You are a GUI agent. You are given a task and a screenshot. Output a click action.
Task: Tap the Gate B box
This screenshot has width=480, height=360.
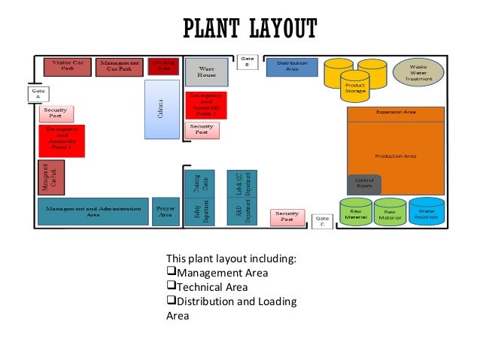[x=248, y=62]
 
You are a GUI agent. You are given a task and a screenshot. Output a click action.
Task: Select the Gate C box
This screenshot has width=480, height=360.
[x=322, y=222]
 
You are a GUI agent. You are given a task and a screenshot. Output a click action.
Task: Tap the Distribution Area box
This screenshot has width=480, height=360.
[x=292, y=68]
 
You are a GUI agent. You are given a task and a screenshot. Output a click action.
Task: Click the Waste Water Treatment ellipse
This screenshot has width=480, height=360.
[x=418, y=72]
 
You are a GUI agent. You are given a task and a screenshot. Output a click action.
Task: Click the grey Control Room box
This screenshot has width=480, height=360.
[x=364, y=184]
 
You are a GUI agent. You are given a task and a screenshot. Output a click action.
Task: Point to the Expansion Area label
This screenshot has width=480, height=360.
[x=396, y=112]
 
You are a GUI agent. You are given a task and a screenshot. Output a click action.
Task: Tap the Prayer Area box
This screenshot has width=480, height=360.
[x=165, y=211]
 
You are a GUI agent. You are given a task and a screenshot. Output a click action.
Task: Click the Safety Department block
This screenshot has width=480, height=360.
[x=200, y=211]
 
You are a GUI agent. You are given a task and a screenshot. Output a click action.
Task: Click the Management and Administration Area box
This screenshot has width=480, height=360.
[x=93, y=211]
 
